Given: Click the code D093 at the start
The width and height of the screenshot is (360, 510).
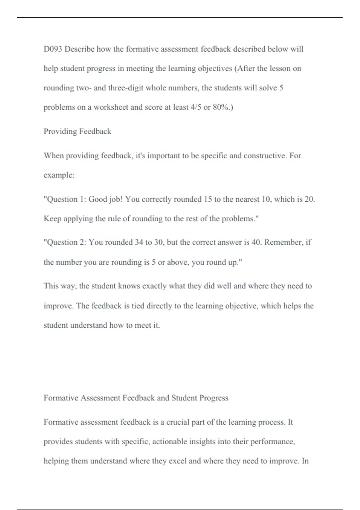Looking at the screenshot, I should (53, 49).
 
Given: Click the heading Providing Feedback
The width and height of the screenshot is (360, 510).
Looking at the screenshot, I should (77, 131).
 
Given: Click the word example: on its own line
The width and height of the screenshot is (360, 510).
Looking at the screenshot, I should (59, 175).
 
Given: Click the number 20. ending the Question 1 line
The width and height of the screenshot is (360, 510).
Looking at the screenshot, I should (310, 199).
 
